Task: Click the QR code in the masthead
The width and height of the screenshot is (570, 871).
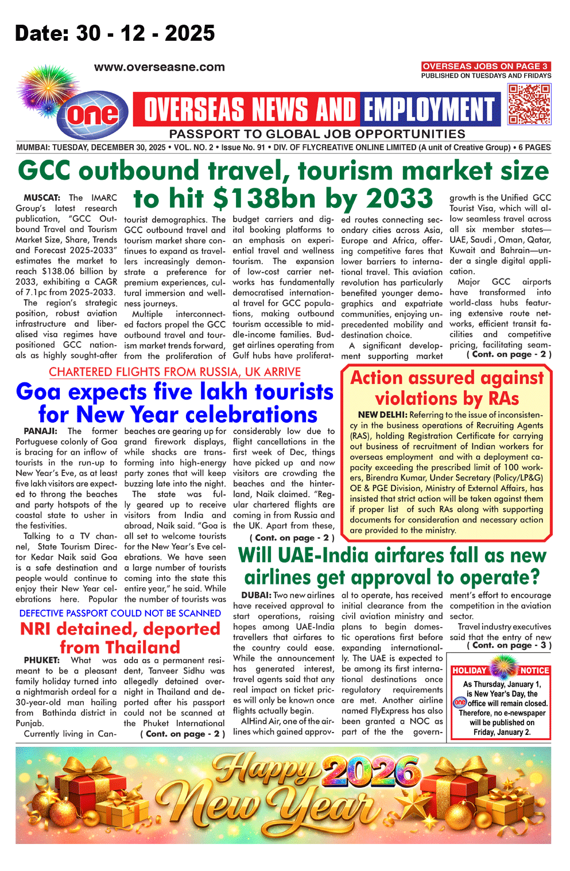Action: point(529,104)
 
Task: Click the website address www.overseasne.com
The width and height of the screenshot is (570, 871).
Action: point(160,67)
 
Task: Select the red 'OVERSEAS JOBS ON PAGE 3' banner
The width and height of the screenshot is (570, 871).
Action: point(486,66)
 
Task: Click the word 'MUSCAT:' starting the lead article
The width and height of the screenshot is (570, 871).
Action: point(42,198)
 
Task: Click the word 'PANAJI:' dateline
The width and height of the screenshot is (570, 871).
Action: point(40,431)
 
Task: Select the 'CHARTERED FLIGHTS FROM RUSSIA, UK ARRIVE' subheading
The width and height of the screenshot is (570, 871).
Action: point(175,372)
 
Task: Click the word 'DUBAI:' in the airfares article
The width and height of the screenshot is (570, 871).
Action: point(256,595)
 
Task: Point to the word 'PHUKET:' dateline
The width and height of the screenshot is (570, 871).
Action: point(41,660)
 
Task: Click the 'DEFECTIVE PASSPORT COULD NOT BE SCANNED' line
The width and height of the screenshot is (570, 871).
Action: point(120,613)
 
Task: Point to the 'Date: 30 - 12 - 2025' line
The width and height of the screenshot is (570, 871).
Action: point(115,33)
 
